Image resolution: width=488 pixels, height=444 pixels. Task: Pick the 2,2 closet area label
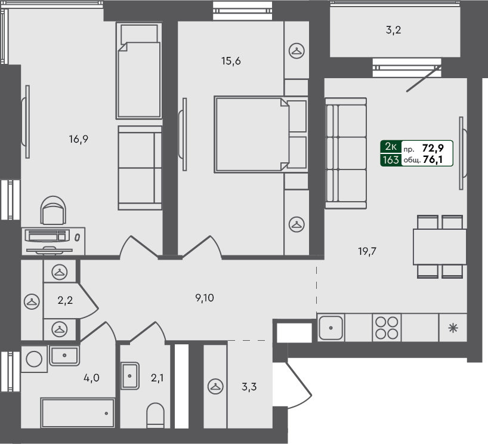pos(64,301)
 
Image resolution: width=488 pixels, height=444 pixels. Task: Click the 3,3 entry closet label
pos(249,386)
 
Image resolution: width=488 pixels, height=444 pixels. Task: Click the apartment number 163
pos(391,159)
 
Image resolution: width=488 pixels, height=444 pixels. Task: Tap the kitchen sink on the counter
pos(330,327)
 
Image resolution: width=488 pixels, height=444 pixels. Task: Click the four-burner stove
pos(386,327)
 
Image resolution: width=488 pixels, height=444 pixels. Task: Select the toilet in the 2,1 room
pos(155,415)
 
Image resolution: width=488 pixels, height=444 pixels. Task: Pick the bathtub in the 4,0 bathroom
pos(78,413)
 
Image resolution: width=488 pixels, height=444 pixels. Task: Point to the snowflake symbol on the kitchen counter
pos(453,327)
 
